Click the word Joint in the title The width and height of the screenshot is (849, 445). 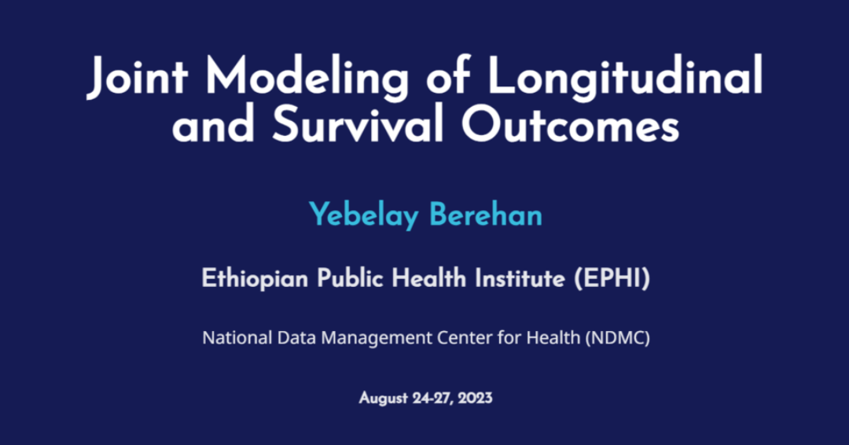click(x=138, y=76)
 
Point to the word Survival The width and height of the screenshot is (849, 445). click(x=358, y=124)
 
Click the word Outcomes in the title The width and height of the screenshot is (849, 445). click(x=570, y=124)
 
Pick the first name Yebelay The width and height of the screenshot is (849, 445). click(x=364, y=215)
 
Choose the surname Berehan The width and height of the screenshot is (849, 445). click(x=486, y=214)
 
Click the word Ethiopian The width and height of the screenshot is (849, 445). click(x=255, y=279)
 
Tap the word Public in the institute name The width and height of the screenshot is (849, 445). click(x=351, y=278)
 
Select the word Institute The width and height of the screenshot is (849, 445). click(x=520, y=278)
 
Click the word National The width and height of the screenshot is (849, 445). click(x=237, y=338)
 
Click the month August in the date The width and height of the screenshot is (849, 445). click(x=384, y=399)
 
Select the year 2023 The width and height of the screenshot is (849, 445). click(x=475, y=398)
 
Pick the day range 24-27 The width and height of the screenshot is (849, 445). click(x=433, y=399)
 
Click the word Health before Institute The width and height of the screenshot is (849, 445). click(x=429, y=278)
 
